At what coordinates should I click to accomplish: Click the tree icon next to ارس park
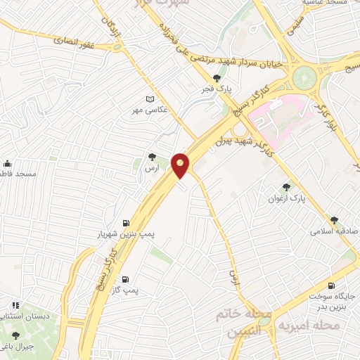pos(152,157)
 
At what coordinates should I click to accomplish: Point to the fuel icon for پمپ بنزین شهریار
pos(126,219)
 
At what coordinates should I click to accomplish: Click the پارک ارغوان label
pos(287,199)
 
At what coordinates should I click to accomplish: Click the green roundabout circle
pos(306,75)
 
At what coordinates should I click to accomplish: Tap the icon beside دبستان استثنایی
pos(15,306)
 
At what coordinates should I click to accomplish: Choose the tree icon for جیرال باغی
pos(15,336)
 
